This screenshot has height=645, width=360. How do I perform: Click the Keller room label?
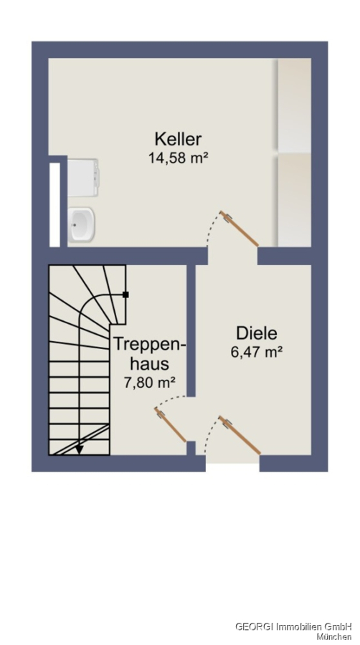click(178, 139)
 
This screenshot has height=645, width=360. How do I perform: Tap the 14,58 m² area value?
click(178, 158)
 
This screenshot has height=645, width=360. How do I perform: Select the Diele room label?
click(256, 333)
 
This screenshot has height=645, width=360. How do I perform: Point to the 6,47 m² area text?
click(256, 352)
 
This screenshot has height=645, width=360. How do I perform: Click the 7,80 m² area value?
click(150, 383)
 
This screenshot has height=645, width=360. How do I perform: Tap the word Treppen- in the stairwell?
click(150, 345)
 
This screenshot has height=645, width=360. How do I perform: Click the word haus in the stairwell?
click(150, 363)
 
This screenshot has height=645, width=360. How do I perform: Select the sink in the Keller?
click(82, 224)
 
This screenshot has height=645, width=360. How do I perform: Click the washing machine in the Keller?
click(82, 178)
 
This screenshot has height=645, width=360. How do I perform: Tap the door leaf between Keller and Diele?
click(239, 229)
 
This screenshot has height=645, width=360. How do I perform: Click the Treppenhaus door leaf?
click(171, 424)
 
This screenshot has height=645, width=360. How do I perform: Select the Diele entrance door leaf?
click(240, 435)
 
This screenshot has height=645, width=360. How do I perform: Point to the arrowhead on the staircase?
click(79, 449)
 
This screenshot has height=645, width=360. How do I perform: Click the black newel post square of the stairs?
click(125, 295)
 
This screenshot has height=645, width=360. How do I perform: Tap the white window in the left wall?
click(55, 205)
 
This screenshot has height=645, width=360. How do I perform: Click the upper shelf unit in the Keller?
click(294, 105)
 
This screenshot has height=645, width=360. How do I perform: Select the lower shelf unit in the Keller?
click(294, 200)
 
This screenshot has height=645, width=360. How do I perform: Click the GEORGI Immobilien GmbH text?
click(293, 626)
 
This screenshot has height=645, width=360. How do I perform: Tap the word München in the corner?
click(334, 637)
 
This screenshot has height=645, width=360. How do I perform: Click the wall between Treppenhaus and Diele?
click(191, 330)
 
